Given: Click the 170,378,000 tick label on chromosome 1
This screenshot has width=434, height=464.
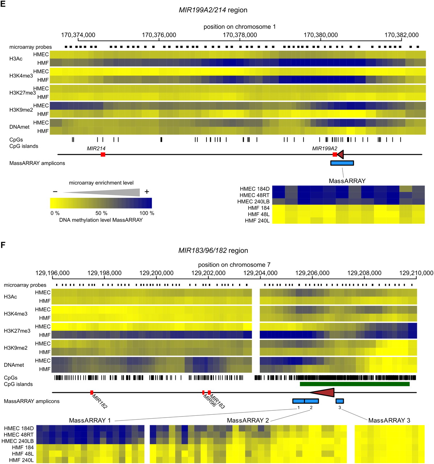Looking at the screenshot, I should click(240, 35).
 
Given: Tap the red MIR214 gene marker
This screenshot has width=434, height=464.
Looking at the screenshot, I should click(103, 155).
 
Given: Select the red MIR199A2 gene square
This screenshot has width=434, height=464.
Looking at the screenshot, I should click(335, 155).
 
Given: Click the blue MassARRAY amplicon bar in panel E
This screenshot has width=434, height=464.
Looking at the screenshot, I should click(342, 163).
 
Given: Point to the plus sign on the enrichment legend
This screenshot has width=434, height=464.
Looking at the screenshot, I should click(147, 192).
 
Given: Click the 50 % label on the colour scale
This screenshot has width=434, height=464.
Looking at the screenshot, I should click(101, 213).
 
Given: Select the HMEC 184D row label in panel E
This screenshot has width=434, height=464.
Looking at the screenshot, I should click(254, 189).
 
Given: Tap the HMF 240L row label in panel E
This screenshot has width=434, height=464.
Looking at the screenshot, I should click(257, 221).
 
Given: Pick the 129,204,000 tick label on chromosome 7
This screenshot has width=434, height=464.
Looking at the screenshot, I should click(260, 273).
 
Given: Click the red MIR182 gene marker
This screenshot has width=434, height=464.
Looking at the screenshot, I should click(92, 392).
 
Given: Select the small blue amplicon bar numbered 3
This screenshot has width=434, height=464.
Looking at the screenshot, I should click(339, 401).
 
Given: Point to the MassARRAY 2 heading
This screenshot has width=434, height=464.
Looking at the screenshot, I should click(248, 420).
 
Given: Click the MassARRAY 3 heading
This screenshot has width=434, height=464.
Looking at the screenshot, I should click(389, 420).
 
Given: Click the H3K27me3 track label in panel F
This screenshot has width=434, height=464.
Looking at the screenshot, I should click(17, 331).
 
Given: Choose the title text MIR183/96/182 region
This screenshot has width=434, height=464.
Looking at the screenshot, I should click(213, 250).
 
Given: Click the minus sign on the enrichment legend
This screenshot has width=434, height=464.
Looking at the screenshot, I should click(55, 192).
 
